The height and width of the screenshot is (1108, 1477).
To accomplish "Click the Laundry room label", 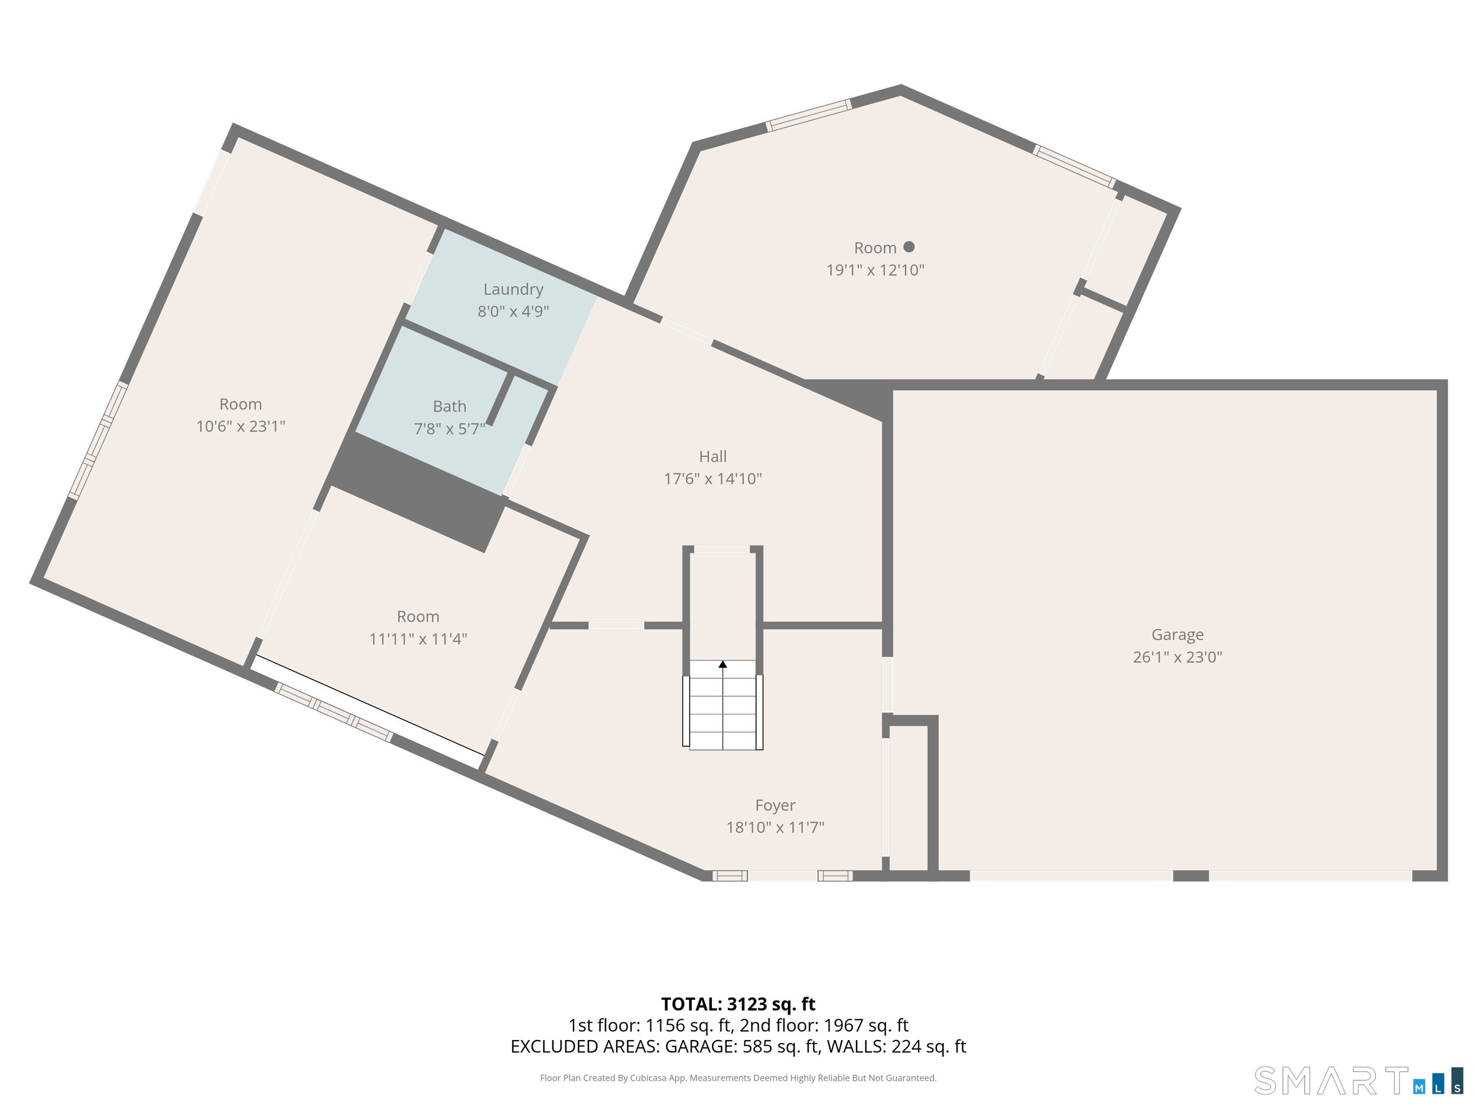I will point(513,289).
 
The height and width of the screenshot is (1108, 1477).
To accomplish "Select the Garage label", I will point(1177,635).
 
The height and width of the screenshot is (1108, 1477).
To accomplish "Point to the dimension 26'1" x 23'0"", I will point(1177,657).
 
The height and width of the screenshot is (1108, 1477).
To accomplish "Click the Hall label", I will point(713,457).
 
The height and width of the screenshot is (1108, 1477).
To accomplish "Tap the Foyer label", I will point(775,805).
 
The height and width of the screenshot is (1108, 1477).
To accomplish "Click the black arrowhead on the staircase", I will point(723,664).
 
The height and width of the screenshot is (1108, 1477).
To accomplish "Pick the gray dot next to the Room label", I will point(909,247).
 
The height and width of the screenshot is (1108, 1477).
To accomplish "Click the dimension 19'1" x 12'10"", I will point(875,271).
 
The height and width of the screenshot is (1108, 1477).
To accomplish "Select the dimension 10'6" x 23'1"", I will point(240,427).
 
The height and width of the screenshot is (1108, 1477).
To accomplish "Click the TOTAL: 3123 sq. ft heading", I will point(738,1004).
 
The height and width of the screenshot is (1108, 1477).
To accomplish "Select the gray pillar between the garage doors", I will point(1190,876).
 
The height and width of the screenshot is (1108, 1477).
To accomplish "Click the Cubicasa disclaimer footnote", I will point(738,1078).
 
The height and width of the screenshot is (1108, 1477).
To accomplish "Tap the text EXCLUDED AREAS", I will point(584,1047).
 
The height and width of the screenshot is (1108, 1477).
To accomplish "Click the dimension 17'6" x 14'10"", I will point(713,479).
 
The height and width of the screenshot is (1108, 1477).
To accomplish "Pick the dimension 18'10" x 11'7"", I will point(775,827).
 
